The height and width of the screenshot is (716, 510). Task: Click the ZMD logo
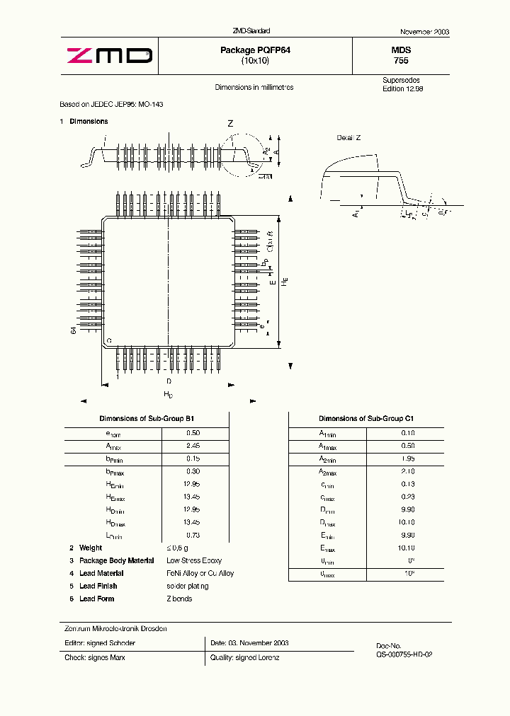[x=109, y=55]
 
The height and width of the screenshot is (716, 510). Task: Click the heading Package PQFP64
[x=255, y=50]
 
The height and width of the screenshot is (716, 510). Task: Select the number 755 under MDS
[x=401, y=61]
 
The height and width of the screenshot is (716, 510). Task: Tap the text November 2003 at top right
[x=424, y=33]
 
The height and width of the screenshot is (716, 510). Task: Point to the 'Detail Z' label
[x=348, y=137]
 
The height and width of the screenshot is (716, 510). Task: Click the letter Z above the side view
[x=230, y=124]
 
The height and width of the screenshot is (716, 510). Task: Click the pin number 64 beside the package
[x=73, y=331]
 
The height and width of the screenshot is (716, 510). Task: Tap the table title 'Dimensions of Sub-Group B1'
[x=147, y=419]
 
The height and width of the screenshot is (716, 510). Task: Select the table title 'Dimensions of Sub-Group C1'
[x=366, y=419]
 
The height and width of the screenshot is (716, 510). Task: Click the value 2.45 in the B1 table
[x=193, y=446]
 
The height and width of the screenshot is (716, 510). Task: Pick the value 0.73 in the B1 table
[x=193, y=535]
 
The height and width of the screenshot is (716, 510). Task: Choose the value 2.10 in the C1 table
[x=408, y=471]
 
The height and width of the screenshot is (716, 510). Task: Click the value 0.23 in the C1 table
[x=408, y=497]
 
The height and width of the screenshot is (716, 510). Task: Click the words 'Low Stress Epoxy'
[x=194, y=560]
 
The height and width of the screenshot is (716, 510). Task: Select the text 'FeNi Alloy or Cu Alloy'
[x=200, y=573]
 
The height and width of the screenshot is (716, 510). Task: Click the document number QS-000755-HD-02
[x=404, y=655]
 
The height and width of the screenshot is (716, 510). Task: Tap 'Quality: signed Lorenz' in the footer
[x=244, y=658]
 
